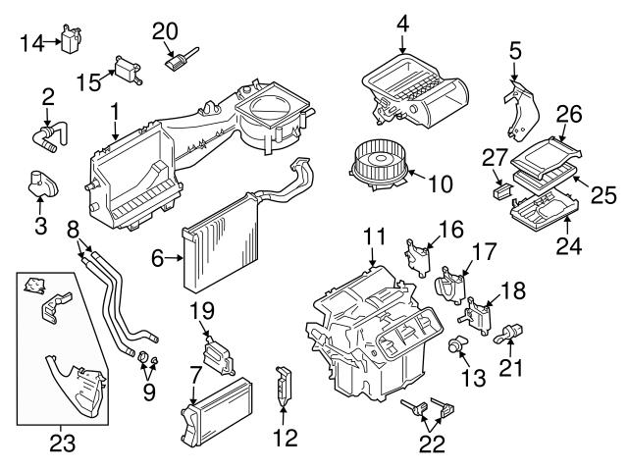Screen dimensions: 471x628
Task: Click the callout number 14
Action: (x=30, y=42)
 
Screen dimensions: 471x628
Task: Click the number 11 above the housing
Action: (x=374, y=235)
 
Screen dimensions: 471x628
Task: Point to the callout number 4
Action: (x=401, y=23)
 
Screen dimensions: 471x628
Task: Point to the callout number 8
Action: (x=73, y=230)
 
